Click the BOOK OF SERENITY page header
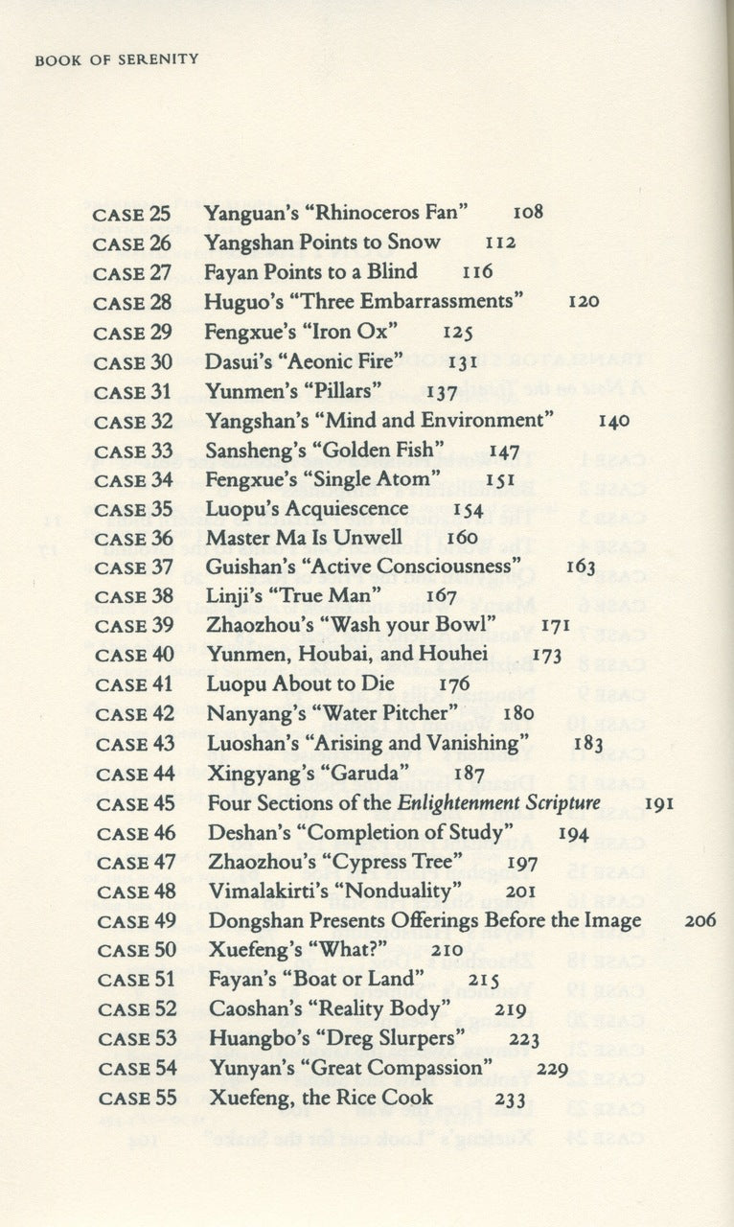(x=116, y=59)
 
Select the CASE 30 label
(x=132, y=361)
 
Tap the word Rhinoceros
(x=369, y=213)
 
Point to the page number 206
(x=701, y=921)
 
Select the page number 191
(x=658, y=803)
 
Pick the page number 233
(x=512, y=1099)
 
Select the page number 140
(x=613, y=420)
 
